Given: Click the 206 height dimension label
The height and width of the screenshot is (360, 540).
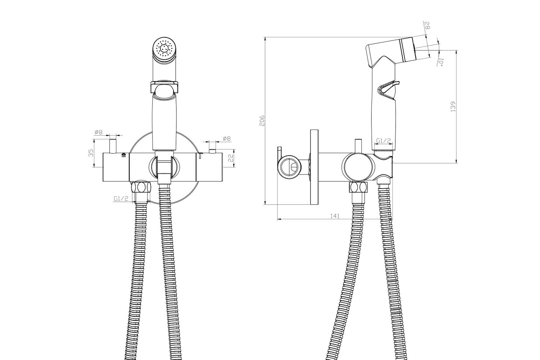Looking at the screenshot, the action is click(262, 121).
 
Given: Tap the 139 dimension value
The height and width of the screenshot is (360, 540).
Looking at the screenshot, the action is click(453, 107).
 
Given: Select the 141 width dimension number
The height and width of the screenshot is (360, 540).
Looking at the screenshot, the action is click(334, 216).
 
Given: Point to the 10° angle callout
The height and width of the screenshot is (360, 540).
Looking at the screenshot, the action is click(440, 62).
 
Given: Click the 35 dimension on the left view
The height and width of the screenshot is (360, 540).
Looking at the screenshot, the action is click(91, 153).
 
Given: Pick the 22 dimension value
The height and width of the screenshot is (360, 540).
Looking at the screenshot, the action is click(231, 158).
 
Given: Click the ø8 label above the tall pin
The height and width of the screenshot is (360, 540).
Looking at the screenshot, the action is click(99, 132).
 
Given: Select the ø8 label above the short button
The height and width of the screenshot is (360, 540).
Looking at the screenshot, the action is click(226, 139).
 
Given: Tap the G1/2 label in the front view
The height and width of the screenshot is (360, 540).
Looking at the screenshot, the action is click(121, 199).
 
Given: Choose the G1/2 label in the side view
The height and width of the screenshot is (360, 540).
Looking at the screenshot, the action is click(383, 140).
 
